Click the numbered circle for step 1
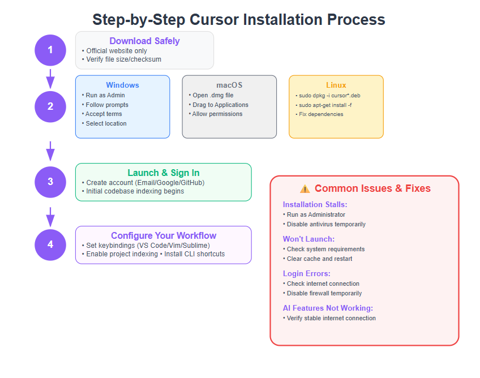point(50,50)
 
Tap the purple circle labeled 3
point(50,182)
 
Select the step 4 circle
point(50,245)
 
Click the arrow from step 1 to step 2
point(50,79)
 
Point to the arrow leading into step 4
point(50,217)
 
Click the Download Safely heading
point(144,41)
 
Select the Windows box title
point(122,85)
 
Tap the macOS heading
point(229,85)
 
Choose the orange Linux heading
point(336,85)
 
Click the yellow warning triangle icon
point(305,189)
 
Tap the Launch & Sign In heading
point(164,173)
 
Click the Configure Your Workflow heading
point(164,235)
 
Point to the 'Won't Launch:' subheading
point(308,239)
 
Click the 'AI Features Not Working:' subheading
point(328,308)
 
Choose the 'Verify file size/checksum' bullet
point(122,59)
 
